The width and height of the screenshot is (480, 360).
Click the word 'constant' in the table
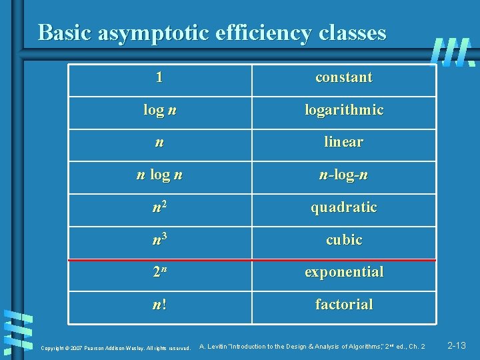point(343,77)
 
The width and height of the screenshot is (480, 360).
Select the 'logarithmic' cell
point(344,110)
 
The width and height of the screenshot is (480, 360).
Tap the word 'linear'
point(343,142)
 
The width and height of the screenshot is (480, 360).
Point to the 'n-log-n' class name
point(343,175)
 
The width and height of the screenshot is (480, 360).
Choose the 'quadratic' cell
point(343,207)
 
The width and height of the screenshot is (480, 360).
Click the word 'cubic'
point(344,239)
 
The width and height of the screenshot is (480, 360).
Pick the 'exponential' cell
point(344,272)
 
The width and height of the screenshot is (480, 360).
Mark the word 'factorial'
point(344,305)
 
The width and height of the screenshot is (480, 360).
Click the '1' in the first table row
point(159,77)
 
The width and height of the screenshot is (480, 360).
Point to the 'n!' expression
point(159,305)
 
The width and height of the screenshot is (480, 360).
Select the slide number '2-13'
point(457,345)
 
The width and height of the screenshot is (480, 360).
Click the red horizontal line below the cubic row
point(252,259)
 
